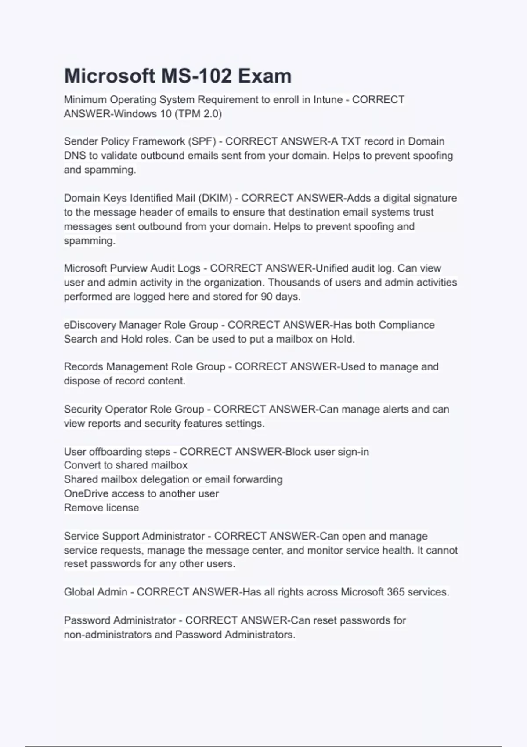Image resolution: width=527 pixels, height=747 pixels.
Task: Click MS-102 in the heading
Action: point(196,76)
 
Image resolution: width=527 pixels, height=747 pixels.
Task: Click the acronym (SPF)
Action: point(202,141)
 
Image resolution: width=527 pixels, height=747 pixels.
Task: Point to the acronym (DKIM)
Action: point(215,198)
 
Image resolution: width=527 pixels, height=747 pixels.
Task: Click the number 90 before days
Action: point(267,297)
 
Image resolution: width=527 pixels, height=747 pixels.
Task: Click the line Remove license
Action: point(101,508)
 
